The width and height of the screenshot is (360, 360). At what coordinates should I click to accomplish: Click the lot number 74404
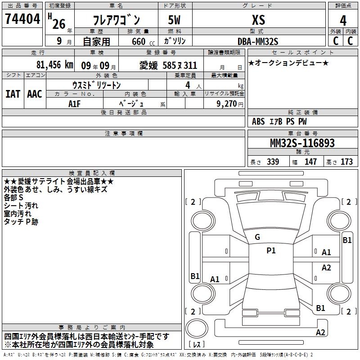(x=22, y=19)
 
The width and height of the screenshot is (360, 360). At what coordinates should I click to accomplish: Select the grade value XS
(x=258, y=20)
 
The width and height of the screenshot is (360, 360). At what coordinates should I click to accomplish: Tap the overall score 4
(x=343, y=21)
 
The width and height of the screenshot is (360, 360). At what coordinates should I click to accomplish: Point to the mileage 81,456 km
(x=54, y=65)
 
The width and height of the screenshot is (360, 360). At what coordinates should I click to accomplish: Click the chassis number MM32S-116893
(x=302, y=143)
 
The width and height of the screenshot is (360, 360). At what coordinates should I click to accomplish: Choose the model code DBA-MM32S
(x=258, y=41)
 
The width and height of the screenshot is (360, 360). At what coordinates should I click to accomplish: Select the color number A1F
(x=74, y=104)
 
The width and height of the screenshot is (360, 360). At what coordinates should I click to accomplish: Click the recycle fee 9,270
(x=227, y=103)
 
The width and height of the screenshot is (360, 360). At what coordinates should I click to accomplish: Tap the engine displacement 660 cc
(x=143, y=42)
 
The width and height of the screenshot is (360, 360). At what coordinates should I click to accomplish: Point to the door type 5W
(x=174, y=20)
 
